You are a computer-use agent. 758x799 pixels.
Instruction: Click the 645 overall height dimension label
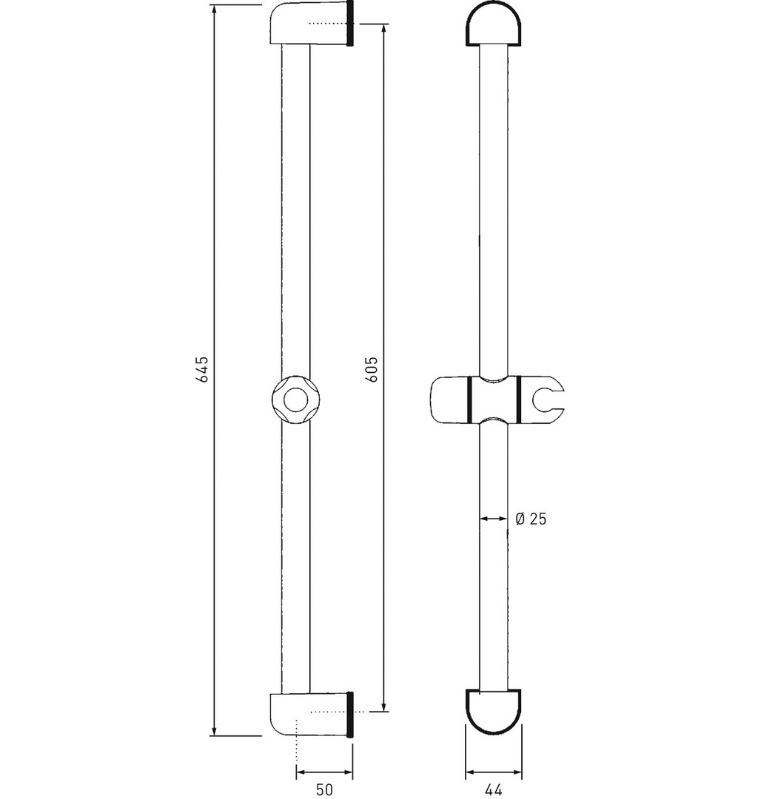coord(203,369)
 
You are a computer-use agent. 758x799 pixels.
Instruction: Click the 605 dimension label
coord(372,369)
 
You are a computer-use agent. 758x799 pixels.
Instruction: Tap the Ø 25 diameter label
coord(531,519)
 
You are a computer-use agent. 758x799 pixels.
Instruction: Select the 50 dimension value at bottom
coord(325,789)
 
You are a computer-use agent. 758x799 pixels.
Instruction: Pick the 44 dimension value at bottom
coord(493,789)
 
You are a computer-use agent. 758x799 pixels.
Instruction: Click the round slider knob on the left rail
coord(295,400)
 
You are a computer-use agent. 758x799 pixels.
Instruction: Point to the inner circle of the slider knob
coord(295,400)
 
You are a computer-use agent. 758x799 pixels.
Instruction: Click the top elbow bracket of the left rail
coord(309,24)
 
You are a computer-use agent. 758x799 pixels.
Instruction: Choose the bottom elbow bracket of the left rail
coord(309,715)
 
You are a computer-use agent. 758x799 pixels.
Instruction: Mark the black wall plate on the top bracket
coord(349,24)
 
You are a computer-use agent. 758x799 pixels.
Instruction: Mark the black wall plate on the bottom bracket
coord(349,715)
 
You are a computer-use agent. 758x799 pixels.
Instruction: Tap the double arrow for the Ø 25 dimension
coord(494,518)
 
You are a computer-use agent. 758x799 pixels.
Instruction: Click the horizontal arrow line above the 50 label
coord(324,772)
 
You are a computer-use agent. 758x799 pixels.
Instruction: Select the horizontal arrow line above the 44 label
coord(494,772)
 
